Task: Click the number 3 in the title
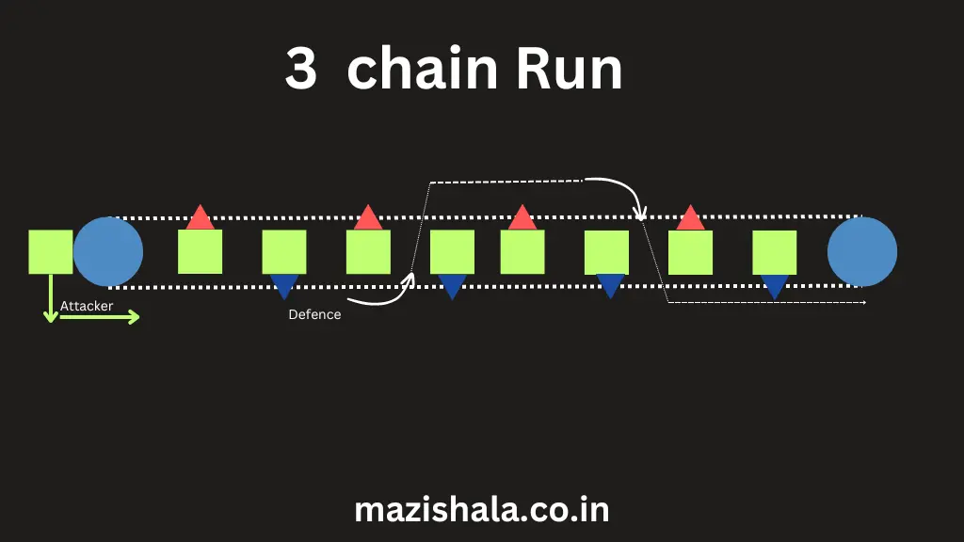301,72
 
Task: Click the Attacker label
87,306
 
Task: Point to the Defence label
314,314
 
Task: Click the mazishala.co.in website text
481,509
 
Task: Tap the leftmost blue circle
108,252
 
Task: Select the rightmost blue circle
861,252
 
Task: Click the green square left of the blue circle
51,251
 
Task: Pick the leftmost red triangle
200,219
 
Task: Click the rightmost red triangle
690,219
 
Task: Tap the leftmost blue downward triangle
283,284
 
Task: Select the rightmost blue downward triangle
775,285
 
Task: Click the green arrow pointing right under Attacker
100,317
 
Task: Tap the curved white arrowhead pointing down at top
640,212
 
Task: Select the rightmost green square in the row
775,252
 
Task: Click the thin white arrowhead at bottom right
862,302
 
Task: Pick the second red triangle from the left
368,218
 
